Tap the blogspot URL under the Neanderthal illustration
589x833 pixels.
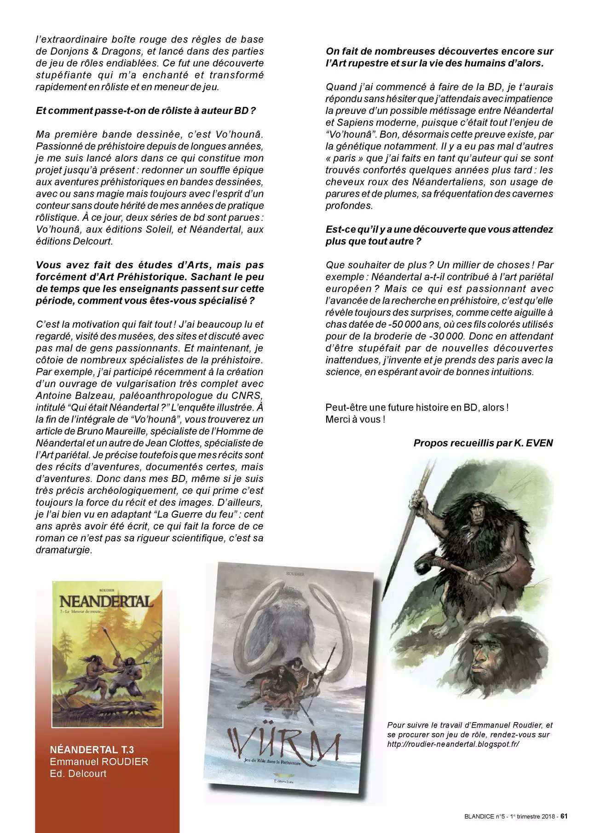(453, 744)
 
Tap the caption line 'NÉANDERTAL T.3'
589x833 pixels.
(92, 750)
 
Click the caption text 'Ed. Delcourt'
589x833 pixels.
(78, 774)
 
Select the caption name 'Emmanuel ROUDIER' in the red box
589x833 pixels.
(99, 762)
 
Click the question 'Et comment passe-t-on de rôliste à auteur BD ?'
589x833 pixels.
(145, 110)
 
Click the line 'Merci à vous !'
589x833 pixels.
(355, 419)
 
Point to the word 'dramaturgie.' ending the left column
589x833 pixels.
(64, 550)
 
